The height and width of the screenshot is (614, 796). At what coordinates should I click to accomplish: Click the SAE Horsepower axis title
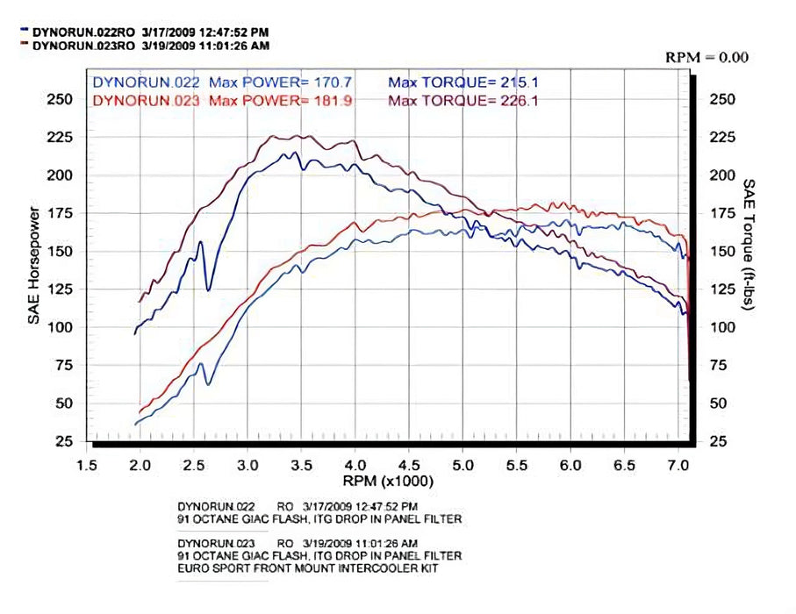[x=33, y=267]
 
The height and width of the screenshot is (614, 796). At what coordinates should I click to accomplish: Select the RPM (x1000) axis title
[x=389, y=482]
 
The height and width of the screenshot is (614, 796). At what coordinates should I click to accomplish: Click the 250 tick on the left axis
[x=59, y=99]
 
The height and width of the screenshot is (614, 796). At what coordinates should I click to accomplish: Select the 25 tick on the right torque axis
[x=719, y=440]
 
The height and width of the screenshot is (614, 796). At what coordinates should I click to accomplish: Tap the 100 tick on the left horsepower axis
[x=59, y=327]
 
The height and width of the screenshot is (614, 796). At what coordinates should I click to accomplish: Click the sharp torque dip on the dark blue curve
[x=208, y=289]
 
